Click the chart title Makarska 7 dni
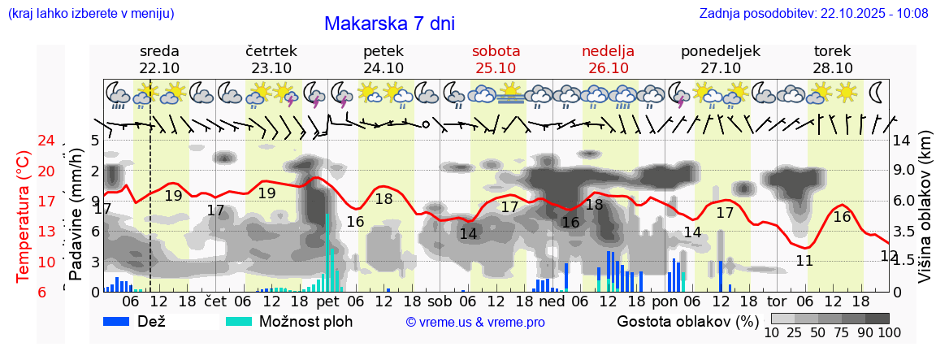(389, 24)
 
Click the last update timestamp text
(813, 13)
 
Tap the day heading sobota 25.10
(496, 59)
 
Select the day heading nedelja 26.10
(608, 59)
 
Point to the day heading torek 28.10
(833, 59)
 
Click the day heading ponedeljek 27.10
(721, 59)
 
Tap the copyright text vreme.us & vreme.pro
(475, 322)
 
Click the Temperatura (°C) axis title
(24, 216)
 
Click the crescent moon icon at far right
(877, 92)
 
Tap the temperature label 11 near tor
(804, 261)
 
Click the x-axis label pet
(328, 301)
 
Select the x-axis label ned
(552, 301)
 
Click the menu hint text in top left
(90, 13)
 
